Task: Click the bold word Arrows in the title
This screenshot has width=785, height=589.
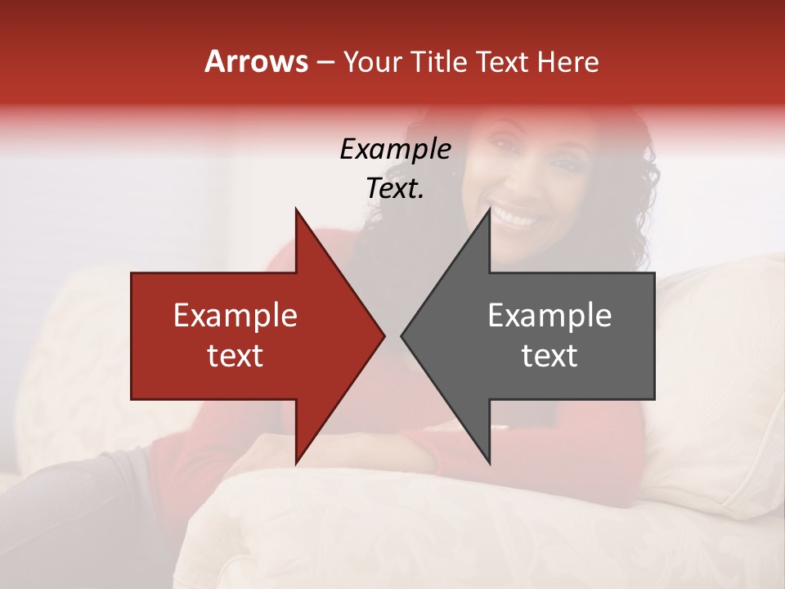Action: coord(257,61)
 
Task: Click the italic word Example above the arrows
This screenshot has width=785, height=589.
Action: coord(395,150)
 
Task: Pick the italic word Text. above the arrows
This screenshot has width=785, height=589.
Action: coord(395,189)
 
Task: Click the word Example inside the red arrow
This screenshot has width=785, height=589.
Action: coord(235,316)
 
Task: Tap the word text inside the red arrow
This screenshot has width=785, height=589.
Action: coord(235,356)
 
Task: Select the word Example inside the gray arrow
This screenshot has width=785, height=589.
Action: coord(549,316)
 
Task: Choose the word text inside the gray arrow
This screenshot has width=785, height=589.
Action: coord(549,356)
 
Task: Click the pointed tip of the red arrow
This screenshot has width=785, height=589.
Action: coord(384,335)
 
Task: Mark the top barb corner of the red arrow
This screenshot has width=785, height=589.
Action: coord(296,209)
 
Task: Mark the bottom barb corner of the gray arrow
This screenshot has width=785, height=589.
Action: coord(489,462)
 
